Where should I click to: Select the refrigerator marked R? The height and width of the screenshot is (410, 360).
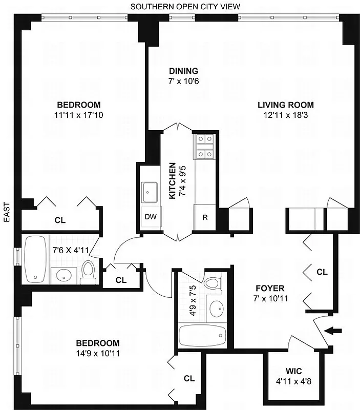[205, 217]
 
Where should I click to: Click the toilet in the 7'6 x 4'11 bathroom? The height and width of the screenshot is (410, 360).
[89, 273]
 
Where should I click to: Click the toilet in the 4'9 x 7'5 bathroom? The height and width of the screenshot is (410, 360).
[211, 283]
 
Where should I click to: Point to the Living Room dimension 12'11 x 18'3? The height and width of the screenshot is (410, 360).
[285, 115]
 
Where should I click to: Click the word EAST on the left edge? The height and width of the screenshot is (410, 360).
[7, 212]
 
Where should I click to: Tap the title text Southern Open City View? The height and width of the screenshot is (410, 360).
[185, 6]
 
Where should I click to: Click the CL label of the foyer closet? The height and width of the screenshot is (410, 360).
[322, 272]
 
